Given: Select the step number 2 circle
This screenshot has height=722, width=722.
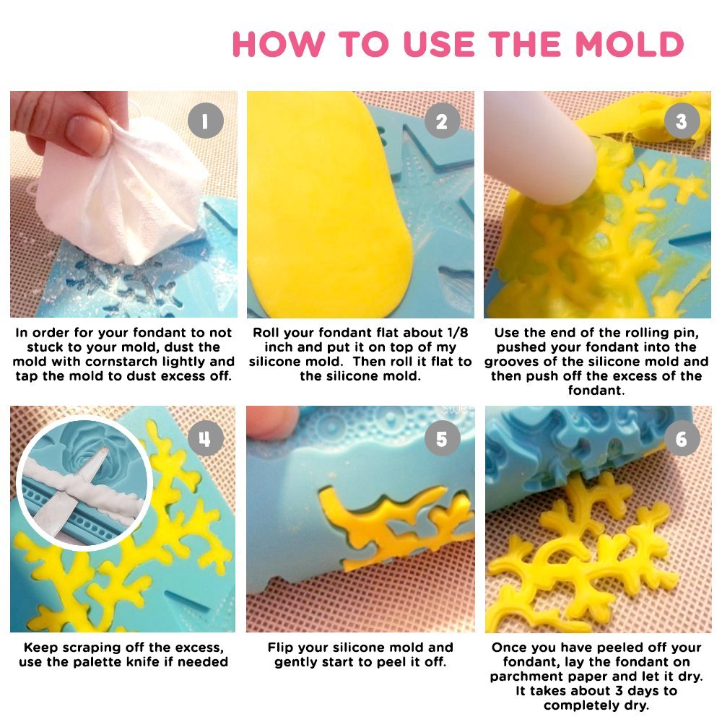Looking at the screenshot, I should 442,121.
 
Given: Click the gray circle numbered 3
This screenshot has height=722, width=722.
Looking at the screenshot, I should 681,121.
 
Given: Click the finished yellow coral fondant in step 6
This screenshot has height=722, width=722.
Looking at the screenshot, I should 578,556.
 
